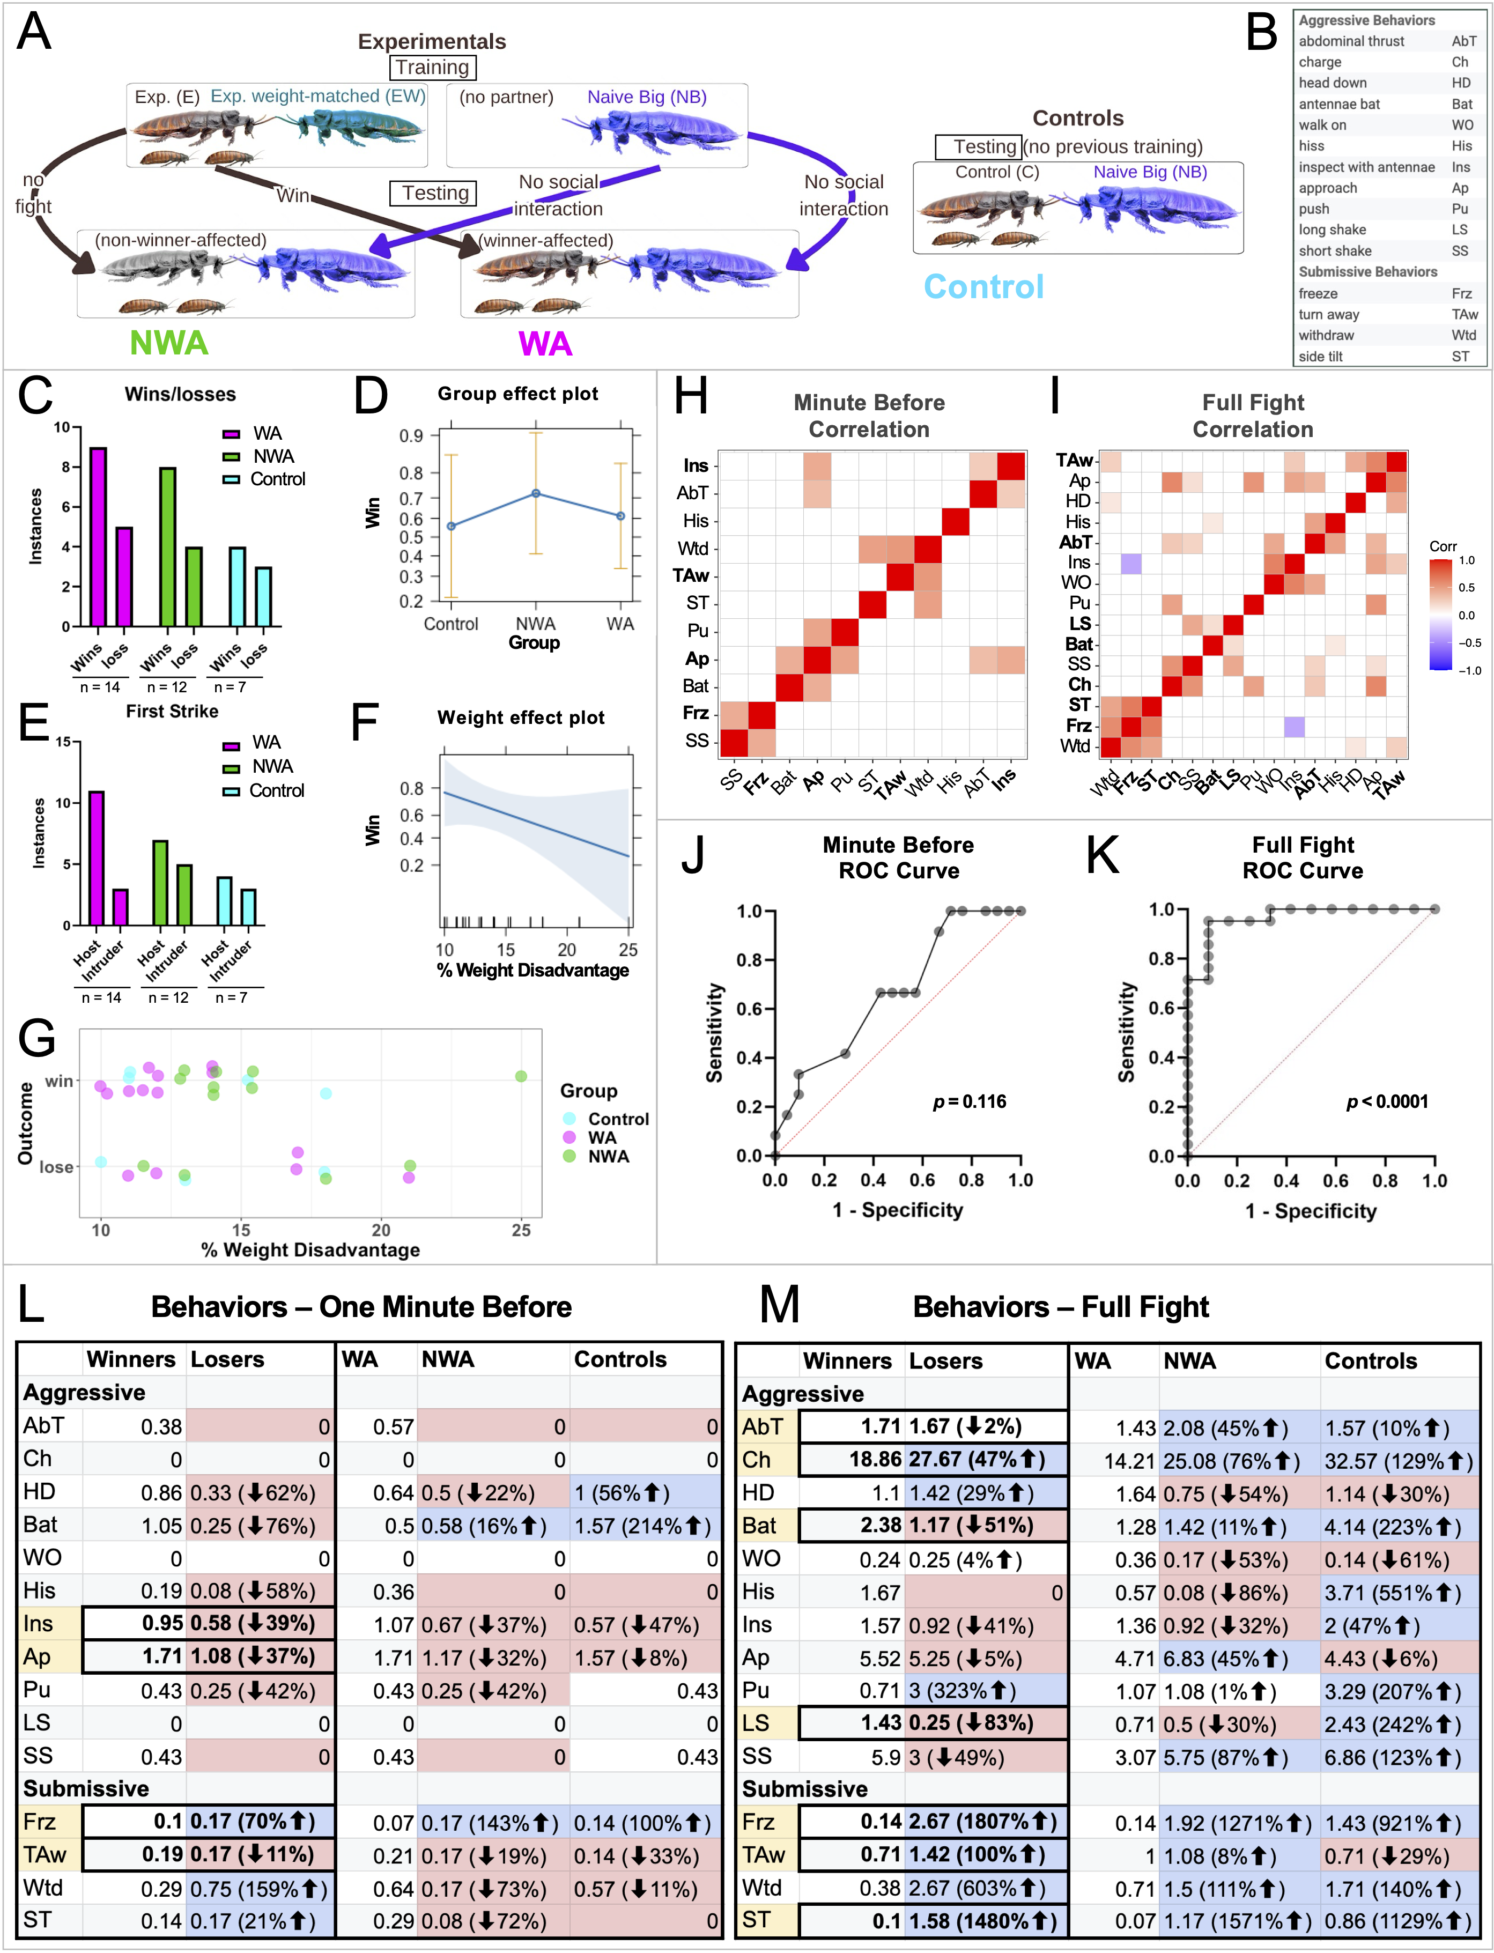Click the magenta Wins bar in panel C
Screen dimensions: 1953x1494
(x=98, y=537)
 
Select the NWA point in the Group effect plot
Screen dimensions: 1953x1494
(x=535, y=493)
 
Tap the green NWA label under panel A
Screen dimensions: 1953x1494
(x=169, y=343)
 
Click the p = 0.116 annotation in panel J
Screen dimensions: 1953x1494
(x=970, y=1102)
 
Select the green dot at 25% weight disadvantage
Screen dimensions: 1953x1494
(x=521, y=1076)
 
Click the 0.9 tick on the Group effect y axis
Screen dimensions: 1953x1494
(x=411, y=436)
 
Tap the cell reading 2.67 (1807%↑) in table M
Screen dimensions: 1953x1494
(x=982, y=1822)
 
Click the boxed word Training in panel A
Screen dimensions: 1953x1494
(x=432, y=68)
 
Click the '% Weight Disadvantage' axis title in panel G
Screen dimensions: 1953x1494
(x=310, y=1249)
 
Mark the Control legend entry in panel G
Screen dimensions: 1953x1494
(x=618, y=1119)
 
